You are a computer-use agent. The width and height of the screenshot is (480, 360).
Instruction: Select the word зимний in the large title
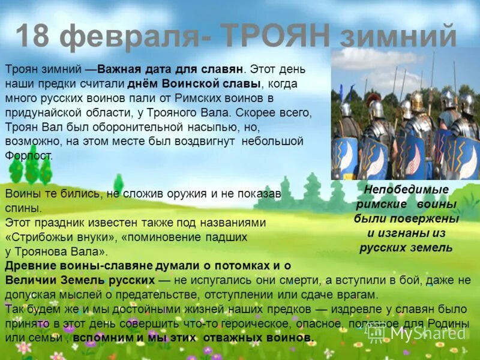pos(399,37)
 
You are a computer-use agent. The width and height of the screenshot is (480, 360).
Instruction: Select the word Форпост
pos(28,155)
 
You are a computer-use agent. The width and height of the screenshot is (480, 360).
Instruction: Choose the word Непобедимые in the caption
pos(407,190)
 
